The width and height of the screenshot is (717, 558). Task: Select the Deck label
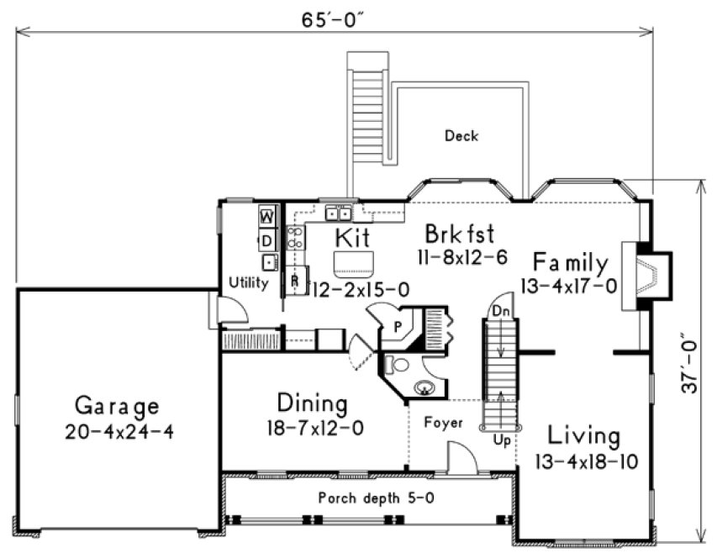coord(461,135)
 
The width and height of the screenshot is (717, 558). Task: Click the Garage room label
coord(117,407)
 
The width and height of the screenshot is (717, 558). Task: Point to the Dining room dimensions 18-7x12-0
coord(312,428)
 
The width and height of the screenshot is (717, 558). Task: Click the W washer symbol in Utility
coord(266,216)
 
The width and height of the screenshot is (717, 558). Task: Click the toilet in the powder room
coord(396,365)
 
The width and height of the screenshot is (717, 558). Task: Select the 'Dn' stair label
coord(501,310)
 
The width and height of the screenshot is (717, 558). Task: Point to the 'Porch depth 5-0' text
coord(376,497)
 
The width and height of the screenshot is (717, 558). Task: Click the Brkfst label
coord(458,233)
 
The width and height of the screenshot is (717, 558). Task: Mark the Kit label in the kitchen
coord(352,236)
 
